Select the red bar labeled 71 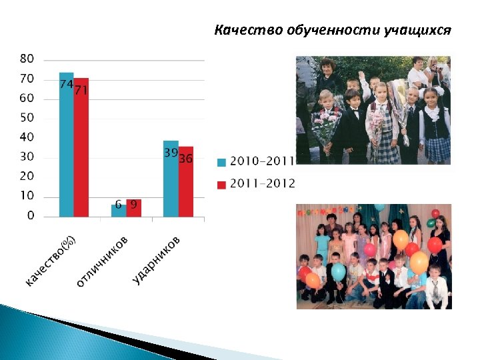tap(81, 148)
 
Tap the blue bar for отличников tap(118, 211)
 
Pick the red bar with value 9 tap(133, 208)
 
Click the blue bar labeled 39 tap(171, 179)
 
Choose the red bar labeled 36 tap(185, 181)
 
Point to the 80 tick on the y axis tap(27, 59)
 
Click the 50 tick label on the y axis tap(27, 118)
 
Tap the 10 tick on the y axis tap(27, 196)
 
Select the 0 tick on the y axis tap(31, 216)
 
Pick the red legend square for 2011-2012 tap(221, 185)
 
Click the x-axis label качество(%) tap(51, 262)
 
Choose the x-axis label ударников tap(157, 259)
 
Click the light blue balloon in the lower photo tap(338, 271)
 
